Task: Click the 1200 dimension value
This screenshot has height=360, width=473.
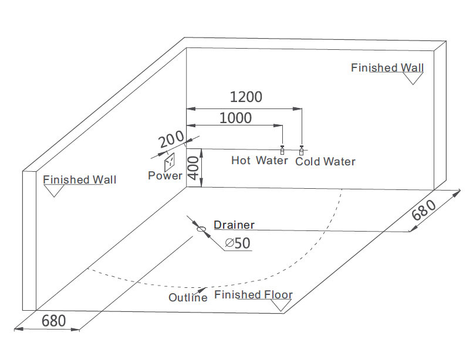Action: pyautogui.click(x=245, y=97)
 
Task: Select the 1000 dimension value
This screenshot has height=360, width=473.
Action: pyautogui.click(x=235, y=118)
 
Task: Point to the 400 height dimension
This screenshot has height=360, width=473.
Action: pyautogui.click(x=194, y=168)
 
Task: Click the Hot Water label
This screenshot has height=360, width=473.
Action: pyautogui.click(x=259, y=161)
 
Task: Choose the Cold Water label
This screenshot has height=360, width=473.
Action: pyautogui.click(x=325, y=161)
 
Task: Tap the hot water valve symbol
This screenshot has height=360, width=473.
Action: pyautogui.click(x=282, y=151)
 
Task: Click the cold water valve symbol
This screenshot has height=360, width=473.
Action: pyautogui.click(x=302, y=151)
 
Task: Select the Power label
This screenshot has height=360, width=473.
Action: pyautogui.click(x=164, y=176)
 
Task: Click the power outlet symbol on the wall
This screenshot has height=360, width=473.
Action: pyautogui.click(x=170, y=160)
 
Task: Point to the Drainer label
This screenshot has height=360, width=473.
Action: pyautogui.click(x=234, y=225)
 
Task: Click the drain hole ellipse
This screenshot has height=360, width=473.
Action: pyautogui.click(x=201, y=230)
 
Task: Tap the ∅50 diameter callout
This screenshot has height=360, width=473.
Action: pyautogui.click(x=238, y=243)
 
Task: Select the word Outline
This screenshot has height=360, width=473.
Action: pyautogui.click(x=188, y=298)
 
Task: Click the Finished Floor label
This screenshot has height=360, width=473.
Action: pyautogui.click(x=253, y=294)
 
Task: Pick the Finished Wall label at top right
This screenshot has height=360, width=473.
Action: pyautogui.click(x=387, y=67)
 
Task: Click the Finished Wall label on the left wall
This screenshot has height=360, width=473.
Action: pyautogui.click(x=80, y=179)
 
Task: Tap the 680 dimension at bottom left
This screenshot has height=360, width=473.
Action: pyautogui.click(x=53, y=321)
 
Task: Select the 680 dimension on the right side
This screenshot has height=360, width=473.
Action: pyautogui.click(x=424, y=210)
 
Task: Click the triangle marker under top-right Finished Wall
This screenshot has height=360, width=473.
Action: pyautogui.click(x=413, y=78)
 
